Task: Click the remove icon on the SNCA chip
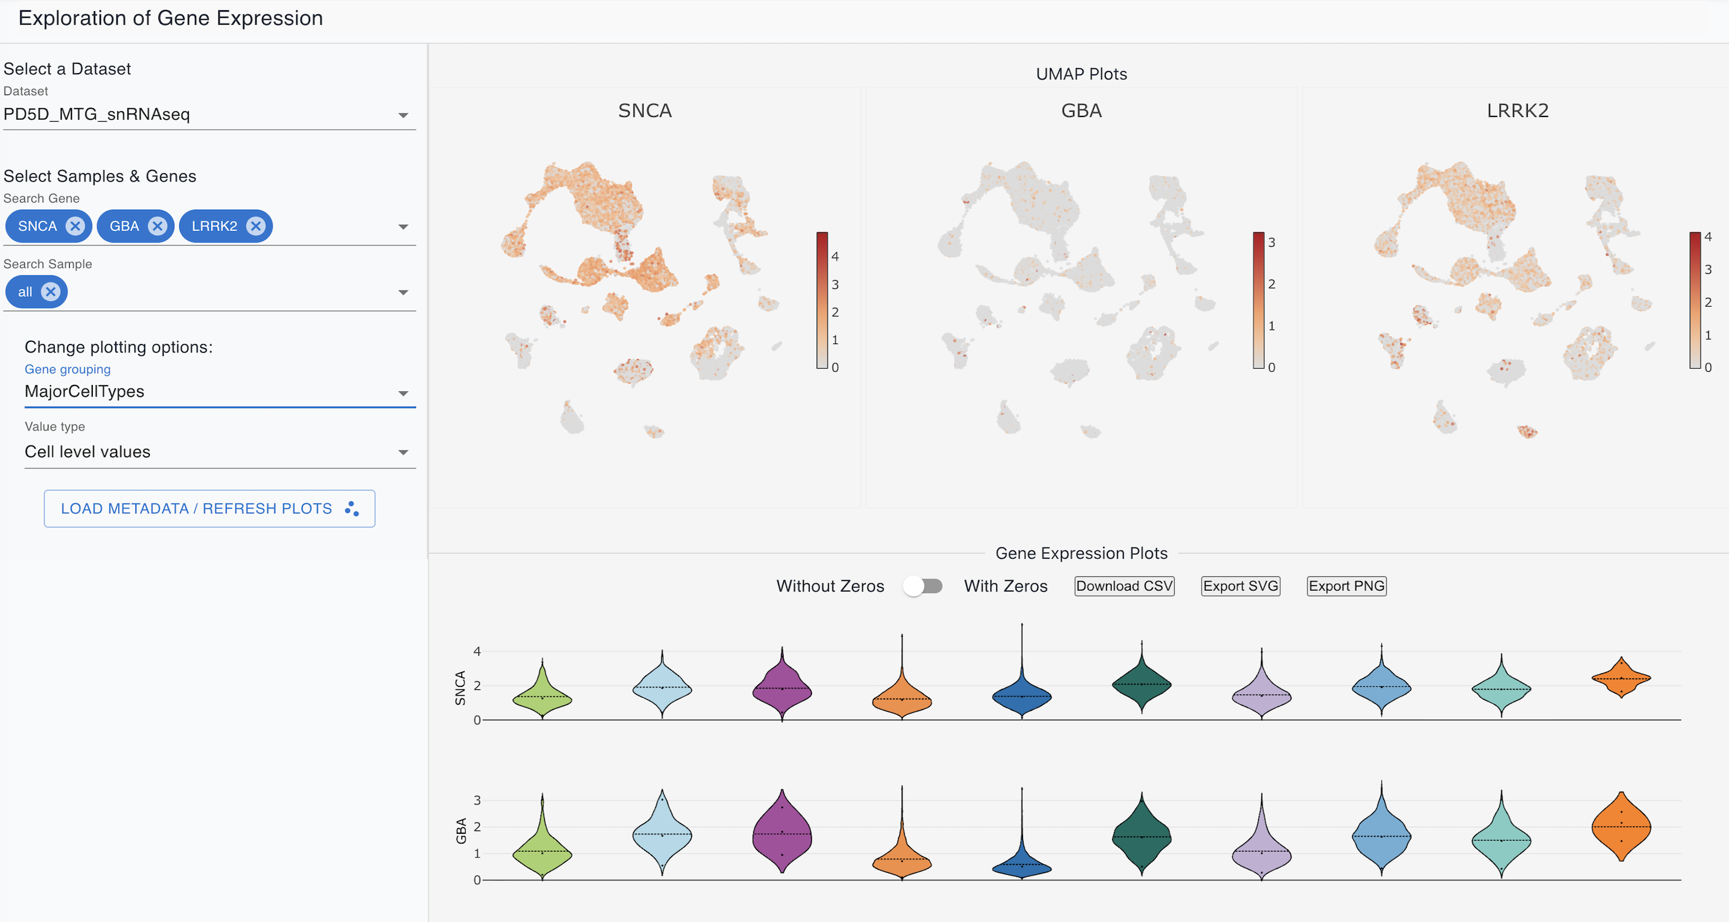pos(75,226)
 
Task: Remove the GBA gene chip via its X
pos(158,226)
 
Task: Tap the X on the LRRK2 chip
pos(255,226)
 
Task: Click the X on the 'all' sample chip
pos(50,292)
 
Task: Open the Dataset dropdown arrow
pos(403,115)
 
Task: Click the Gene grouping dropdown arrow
pos(403,393)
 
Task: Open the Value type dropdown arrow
pos(403,453)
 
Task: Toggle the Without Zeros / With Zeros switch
pos(923,587)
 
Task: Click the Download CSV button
pos(1124,587)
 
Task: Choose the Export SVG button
pos(1240,587)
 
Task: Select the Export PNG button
pos(1346,587)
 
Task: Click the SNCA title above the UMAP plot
pos(644,111)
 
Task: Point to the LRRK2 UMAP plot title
pos(1517,111)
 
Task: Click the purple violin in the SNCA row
pos(782,689)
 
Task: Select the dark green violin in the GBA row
pos(1142,837)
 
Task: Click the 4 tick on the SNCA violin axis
pos(477,652)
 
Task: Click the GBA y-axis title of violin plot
pos(461,831)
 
